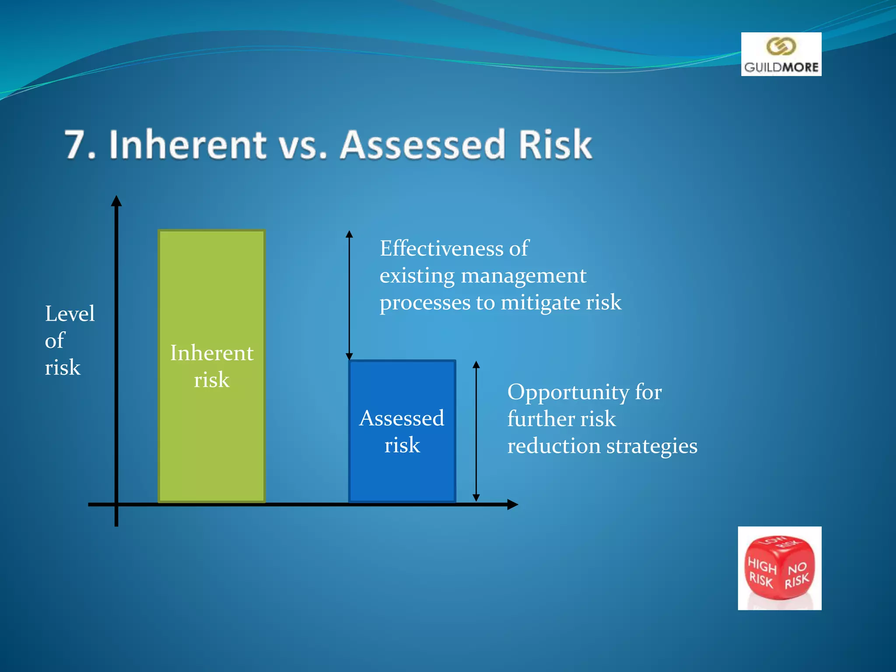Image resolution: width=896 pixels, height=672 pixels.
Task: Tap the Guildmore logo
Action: (781, 54)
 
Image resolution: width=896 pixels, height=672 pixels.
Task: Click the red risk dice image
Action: (779, 568)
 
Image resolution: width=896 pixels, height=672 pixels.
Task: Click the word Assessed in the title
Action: (423, 145)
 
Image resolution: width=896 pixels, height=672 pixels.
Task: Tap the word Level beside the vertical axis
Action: (70, 314)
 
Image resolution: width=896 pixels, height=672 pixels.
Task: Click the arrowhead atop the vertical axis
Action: (116, 201)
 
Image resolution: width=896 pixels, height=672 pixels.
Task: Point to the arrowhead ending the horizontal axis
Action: (512, 504)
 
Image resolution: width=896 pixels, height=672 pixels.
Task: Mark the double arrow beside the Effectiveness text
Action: (349, 295)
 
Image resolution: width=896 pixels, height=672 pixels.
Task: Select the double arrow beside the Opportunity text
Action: (476, 431)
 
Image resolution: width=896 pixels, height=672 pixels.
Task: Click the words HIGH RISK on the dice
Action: (762, 572)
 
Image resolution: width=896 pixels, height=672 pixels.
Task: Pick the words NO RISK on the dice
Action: (797, 575)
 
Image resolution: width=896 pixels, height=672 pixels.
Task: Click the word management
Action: (523, 276)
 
